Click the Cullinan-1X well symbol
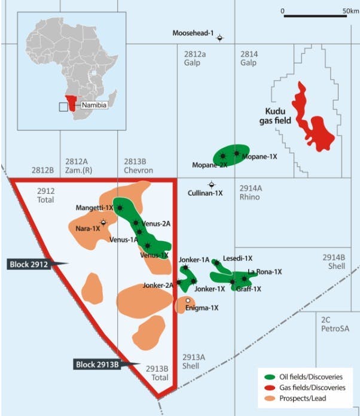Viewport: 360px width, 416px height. (210, 184)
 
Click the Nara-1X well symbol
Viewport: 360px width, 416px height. (103, 222)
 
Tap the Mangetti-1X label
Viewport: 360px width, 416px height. (94, 208)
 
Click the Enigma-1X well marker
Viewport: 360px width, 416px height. (188, 300)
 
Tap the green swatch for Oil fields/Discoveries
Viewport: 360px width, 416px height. (269, 376)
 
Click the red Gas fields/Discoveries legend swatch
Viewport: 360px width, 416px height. (269, 387)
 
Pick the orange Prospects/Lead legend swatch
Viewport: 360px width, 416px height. (269, 398)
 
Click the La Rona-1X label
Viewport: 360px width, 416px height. (264, 272)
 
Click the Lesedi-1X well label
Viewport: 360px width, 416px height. (237, 258)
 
